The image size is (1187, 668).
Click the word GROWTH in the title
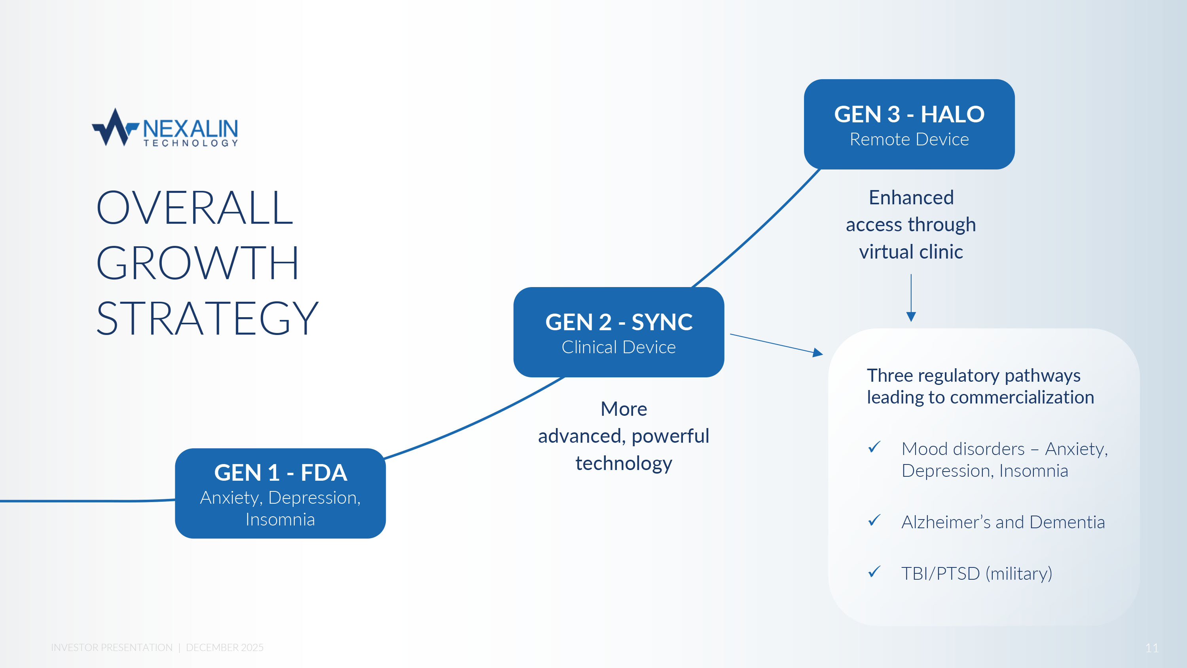(197, 263)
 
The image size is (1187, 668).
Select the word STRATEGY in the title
(207, 318)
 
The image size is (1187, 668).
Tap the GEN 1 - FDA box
(280, 493)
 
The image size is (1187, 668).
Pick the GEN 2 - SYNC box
(618, 332)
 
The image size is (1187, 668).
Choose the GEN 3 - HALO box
(909, 124)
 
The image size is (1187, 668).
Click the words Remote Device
(909, 139)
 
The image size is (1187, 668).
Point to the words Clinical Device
(618, 347)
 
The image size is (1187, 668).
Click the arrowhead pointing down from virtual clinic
(910, 316)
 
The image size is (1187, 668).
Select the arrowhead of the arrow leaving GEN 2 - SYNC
(817, 353)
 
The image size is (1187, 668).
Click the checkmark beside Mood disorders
(874, 447)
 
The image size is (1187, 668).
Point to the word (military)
(1018, 573)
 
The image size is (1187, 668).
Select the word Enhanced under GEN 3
(910, 198)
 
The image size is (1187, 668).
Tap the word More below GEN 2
(624, 409)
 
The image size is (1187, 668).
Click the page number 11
(1151, 648)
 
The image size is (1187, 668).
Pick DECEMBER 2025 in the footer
(224, 648)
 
